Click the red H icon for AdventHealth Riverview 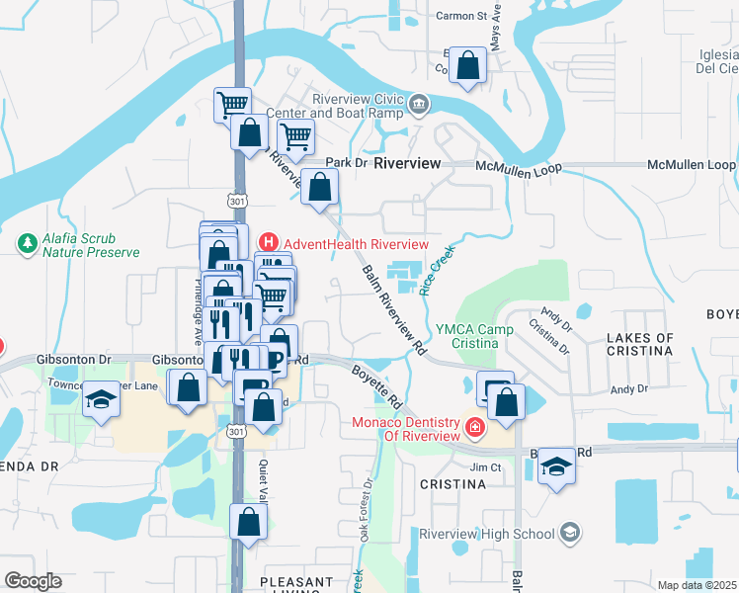[267, 243]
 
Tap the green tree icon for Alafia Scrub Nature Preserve [29, 242]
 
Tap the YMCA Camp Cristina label [477, 335]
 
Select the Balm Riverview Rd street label [393, 310]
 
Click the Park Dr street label [346, 162]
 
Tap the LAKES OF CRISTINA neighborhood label [639, 345]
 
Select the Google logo [33, 580]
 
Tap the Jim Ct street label [486, 466]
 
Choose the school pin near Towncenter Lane [101, 400]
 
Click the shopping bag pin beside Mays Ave [469, 66]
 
